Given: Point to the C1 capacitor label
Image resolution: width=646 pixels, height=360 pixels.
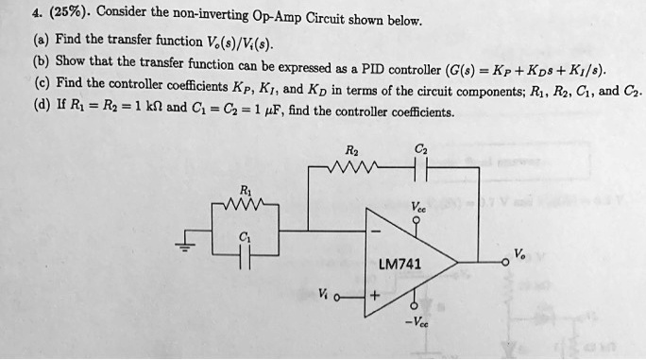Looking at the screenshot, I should tap(245, 237).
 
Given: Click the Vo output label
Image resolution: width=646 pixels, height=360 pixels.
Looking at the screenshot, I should tap(519, 251).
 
